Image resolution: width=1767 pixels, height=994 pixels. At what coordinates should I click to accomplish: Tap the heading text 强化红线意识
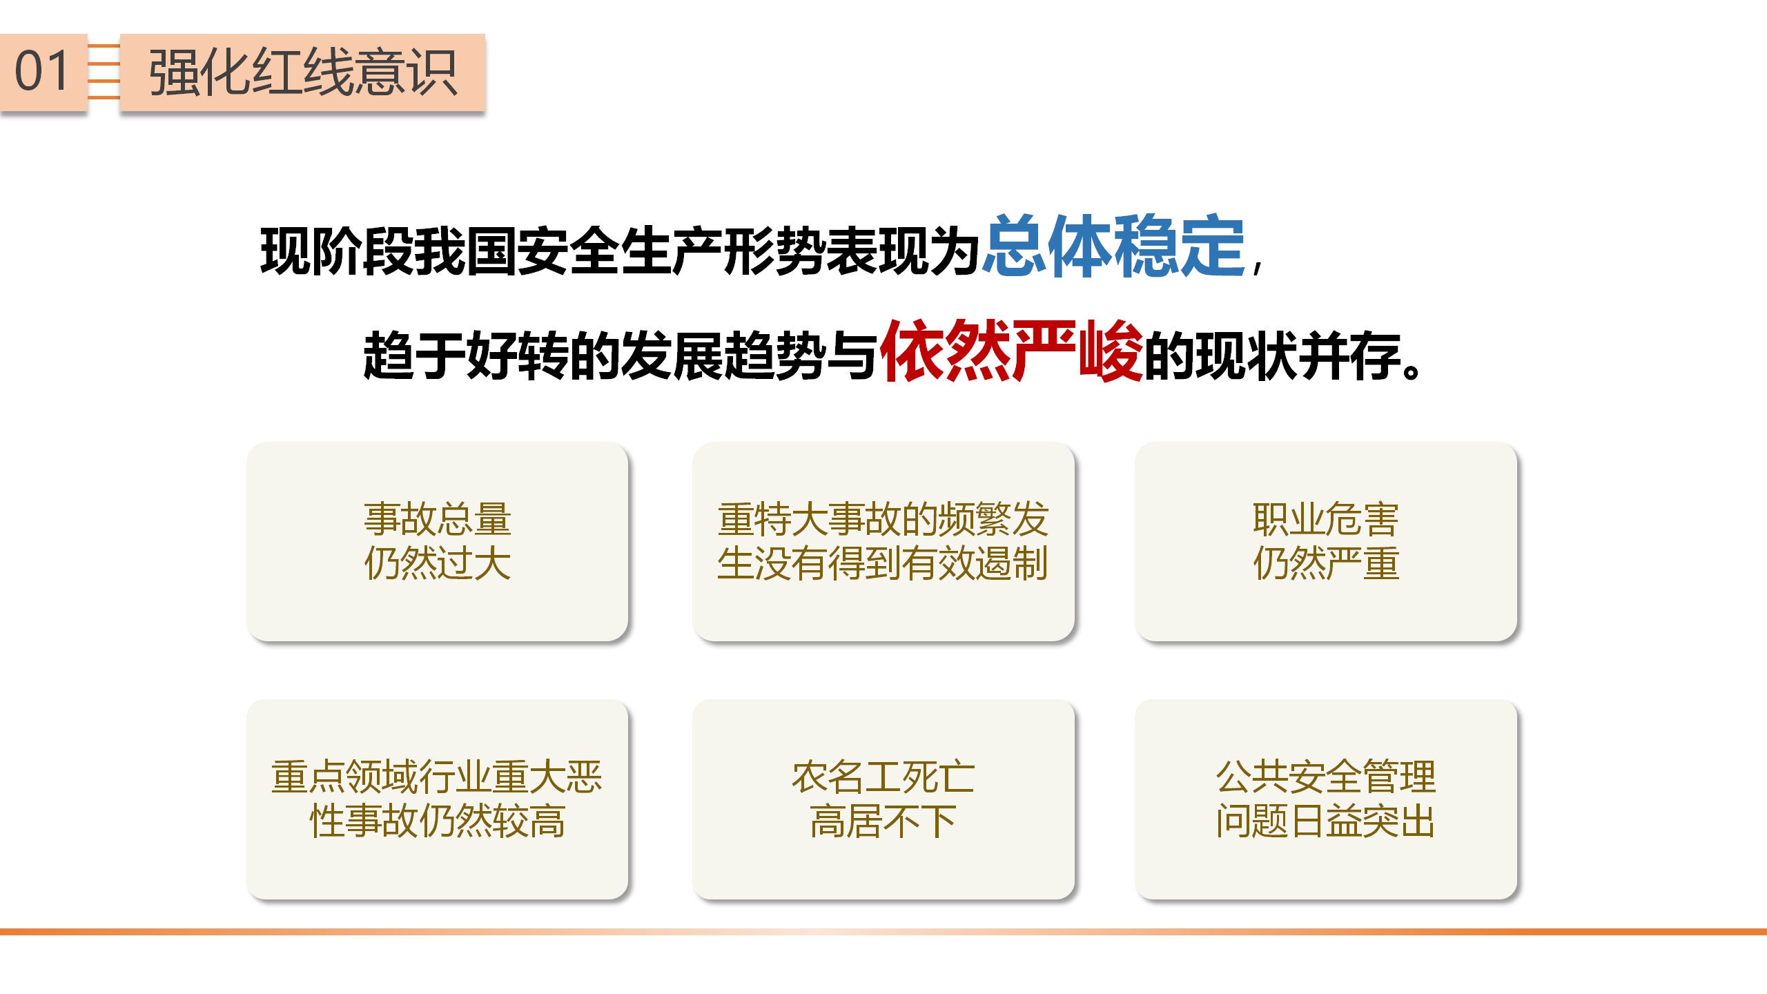tap(302, 72)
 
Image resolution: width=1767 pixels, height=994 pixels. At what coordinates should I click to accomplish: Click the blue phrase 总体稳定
tap(1114, 246)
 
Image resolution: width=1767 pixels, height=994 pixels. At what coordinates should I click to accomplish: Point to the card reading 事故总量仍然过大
tap(438, 541)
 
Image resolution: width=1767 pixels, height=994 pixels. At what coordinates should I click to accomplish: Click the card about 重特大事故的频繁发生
tap(883, 541)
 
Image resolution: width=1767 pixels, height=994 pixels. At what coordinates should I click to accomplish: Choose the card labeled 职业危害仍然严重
tap(1326, 541)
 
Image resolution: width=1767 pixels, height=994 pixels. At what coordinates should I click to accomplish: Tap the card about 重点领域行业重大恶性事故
tap(438, 799)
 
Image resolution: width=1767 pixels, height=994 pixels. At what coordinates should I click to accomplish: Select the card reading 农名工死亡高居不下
tap(883, 799)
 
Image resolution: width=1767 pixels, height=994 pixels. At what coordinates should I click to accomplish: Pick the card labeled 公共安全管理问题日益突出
tap(1326, 799)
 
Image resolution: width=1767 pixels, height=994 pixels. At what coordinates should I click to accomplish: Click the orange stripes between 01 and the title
tap(104, 72)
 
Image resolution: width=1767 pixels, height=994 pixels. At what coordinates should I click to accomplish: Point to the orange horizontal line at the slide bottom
tap(883, 932)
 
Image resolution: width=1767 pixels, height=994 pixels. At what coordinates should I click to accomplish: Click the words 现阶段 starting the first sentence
tap(336, 251)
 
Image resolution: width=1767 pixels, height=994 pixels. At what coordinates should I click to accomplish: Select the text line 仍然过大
tap(438, 563)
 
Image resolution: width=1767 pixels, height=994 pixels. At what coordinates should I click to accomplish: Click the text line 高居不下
tap(883, 821)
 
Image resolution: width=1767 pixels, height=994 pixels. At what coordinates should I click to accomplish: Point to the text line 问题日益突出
tap(1326, 821)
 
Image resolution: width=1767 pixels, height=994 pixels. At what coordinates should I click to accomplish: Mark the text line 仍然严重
tap(1326, 563)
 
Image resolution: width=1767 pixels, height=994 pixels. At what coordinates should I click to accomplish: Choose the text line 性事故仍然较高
tap(438, 821)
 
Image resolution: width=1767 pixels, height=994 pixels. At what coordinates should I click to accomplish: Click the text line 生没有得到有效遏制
tap(883, 563)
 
